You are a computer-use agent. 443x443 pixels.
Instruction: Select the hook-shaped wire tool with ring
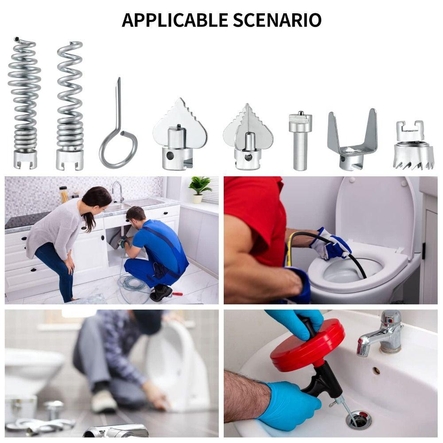117,133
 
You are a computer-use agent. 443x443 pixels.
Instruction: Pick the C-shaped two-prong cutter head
352,142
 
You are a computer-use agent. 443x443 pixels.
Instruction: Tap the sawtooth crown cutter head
412,151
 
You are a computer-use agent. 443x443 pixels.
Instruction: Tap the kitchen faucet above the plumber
118,190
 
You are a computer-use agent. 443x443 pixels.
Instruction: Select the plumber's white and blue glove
330,244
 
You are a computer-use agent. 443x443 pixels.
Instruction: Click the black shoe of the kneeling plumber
160,293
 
